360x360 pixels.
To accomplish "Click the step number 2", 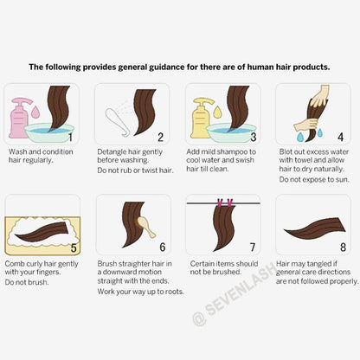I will (x=160, y=137).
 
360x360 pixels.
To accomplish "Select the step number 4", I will (x=341, y=137).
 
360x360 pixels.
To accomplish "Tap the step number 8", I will (x=342, y=247).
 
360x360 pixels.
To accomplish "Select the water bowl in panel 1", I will (x=48, y=132).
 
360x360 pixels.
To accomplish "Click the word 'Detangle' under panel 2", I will (x=112, y=151).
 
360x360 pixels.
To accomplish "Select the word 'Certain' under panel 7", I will (x=202, y=262).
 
